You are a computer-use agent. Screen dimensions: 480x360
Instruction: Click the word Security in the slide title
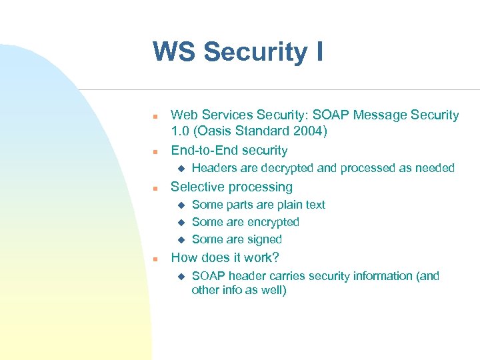coord(255,52)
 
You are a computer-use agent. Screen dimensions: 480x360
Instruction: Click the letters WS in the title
coord(174,52)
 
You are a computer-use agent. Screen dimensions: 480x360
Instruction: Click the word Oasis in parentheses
coord(215,132)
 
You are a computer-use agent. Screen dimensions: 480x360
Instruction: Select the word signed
coord(265,239)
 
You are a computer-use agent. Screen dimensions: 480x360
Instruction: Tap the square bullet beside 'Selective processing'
coord(154,188)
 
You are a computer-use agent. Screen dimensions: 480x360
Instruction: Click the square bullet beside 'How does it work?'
coord(154,259)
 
